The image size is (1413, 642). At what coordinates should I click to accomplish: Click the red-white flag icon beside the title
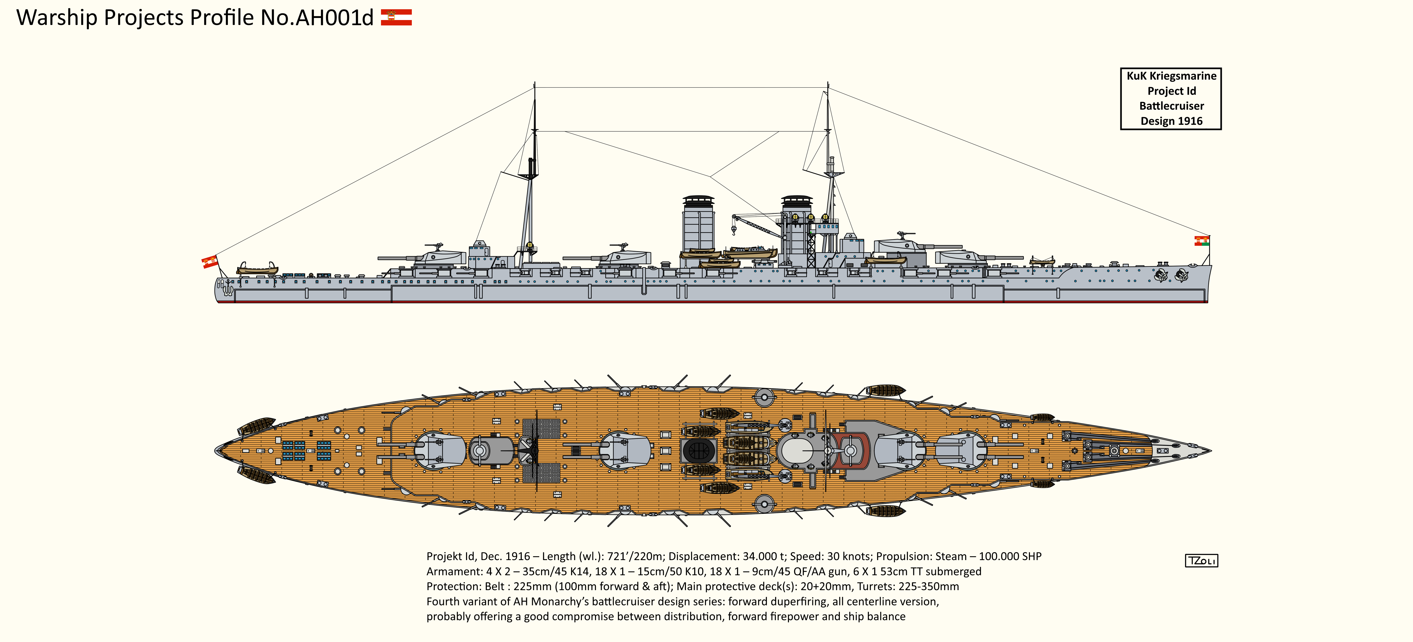click(x=396, y=17)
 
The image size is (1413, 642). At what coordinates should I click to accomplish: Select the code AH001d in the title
click(x=334, y=17)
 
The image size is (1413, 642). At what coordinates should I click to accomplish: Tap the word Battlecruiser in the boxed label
click(x=1171, y=106)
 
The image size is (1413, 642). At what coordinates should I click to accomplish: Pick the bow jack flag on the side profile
click(x=1201, y=241)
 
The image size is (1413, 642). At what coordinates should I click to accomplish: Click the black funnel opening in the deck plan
click(x=698, y=451)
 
